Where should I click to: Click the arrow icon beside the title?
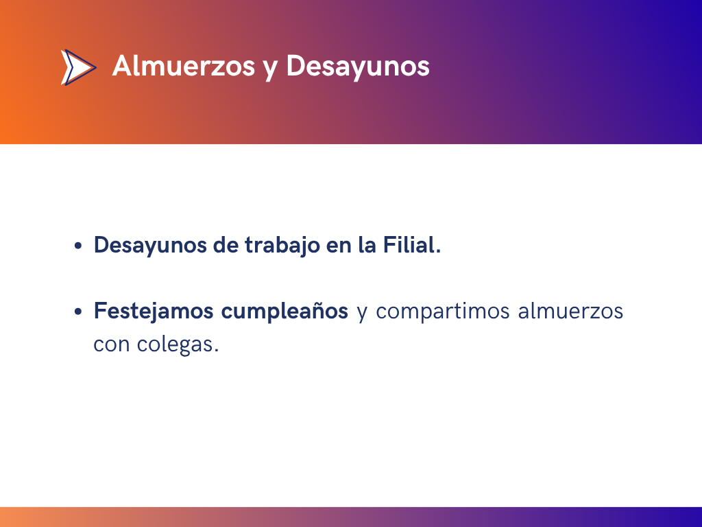78,67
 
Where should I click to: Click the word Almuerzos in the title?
184,66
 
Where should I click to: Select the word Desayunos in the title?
358,67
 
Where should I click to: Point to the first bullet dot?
78,246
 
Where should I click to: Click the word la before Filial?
367,245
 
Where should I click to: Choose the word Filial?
411,245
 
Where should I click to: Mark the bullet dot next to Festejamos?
78,312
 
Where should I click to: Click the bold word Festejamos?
153,312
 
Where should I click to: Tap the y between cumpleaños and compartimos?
362,314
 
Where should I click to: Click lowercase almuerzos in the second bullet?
570,311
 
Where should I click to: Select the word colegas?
178,345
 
